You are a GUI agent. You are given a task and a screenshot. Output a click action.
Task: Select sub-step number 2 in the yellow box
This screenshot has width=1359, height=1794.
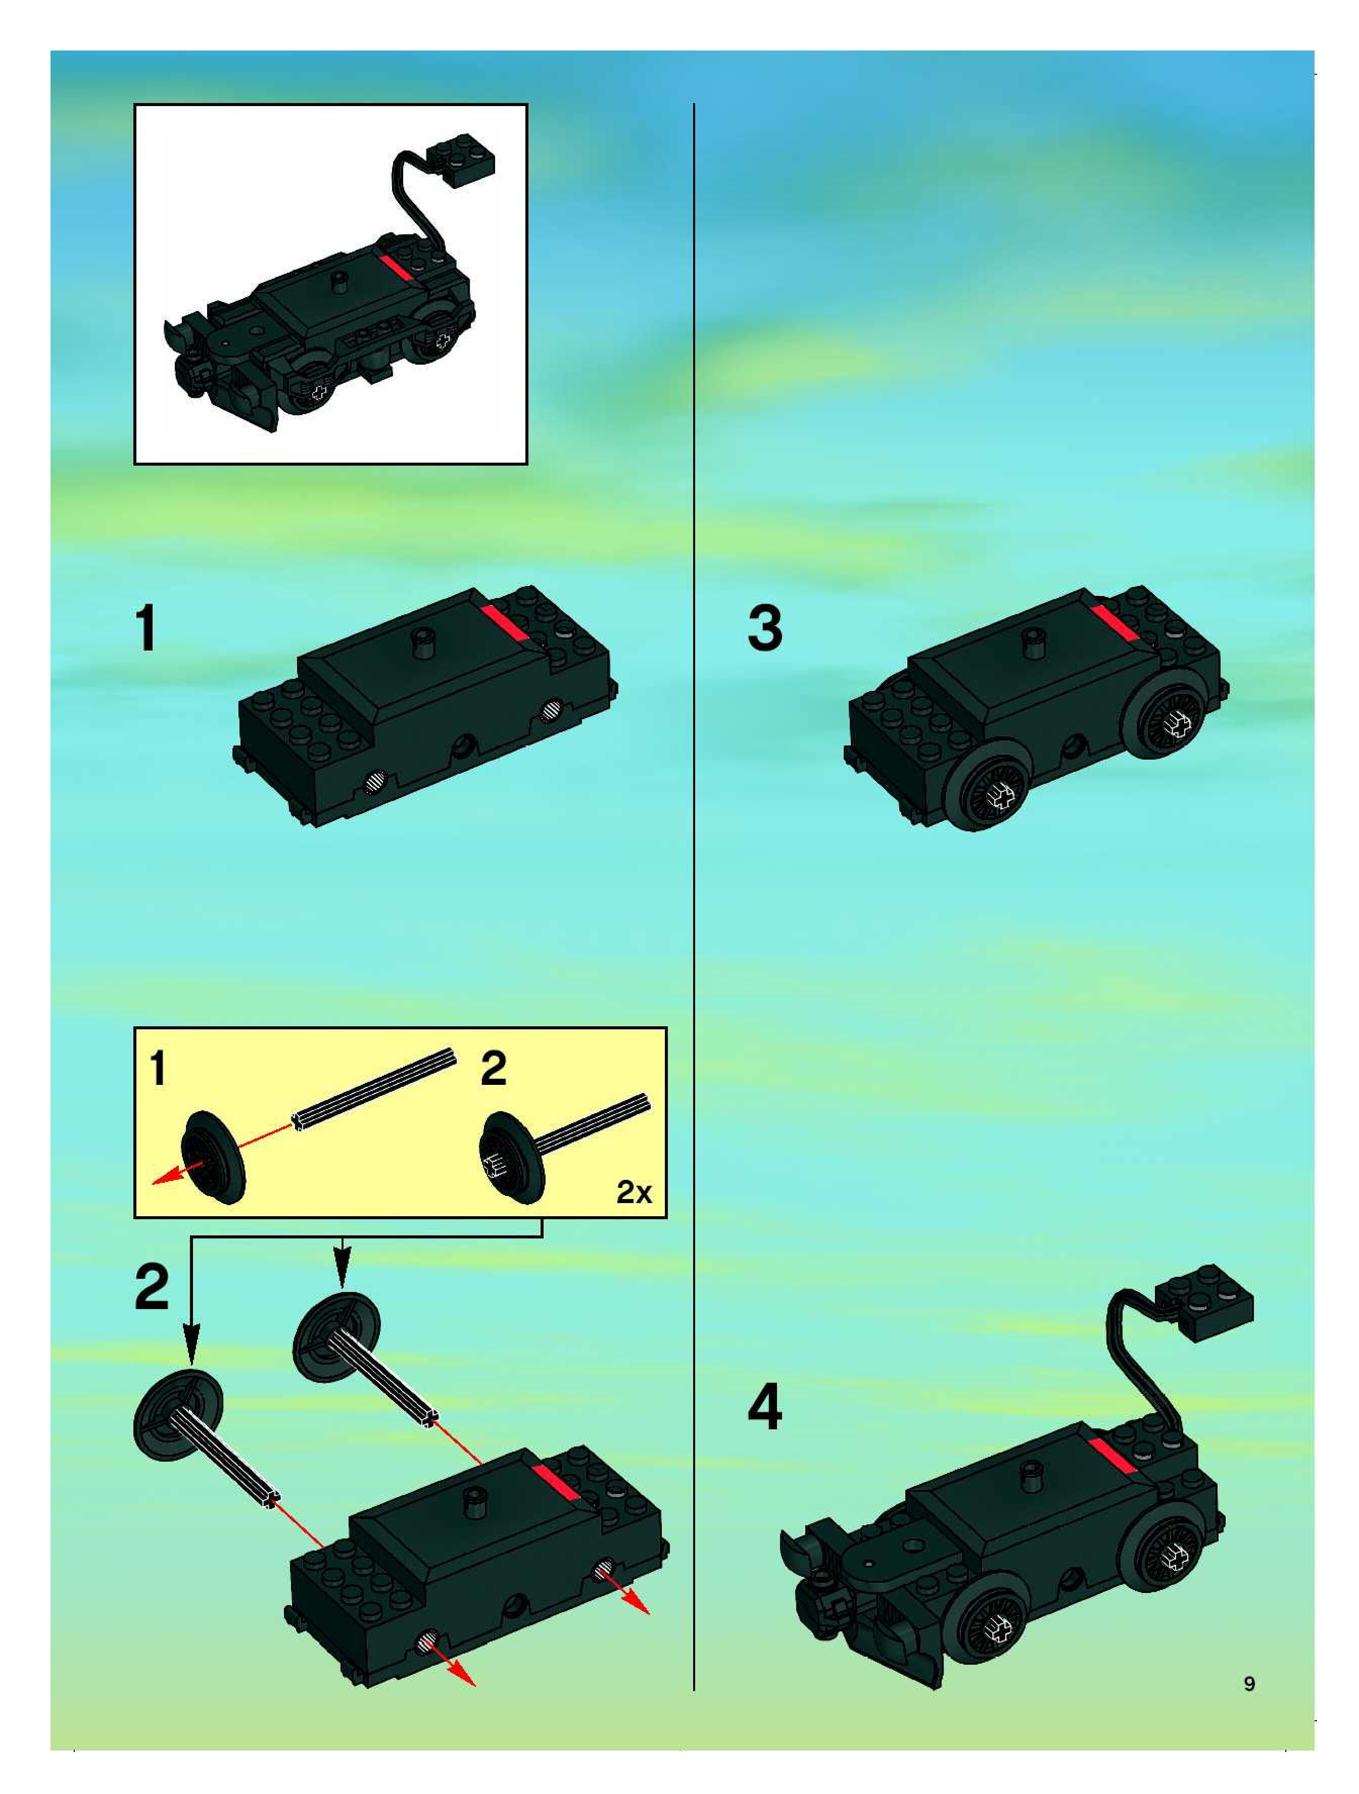click(494, 1068)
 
